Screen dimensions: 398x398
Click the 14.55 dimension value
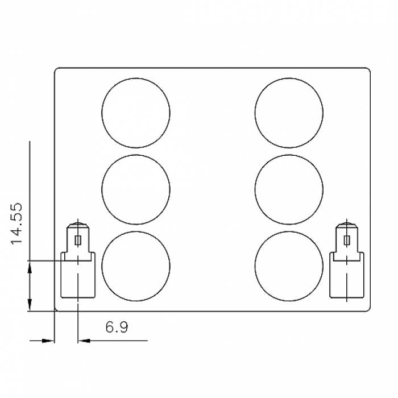point(16,223)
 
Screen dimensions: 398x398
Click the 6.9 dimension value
point(117,327)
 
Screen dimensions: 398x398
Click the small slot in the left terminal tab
point(78,240)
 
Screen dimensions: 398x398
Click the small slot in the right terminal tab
point(347,240)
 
